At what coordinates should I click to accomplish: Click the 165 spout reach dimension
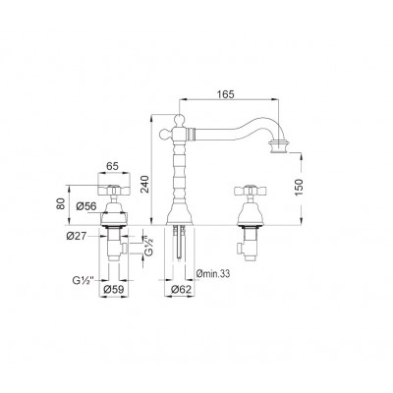coord(226,94)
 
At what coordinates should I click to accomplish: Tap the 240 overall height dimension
coord(144,184)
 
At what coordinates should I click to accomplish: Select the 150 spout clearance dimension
coord(300,188)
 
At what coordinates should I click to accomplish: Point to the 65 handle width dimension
coord(112,166)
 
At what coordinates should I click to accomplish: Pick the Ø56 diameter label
coord(86,206)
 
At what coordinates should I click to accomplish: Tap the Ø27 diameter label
coord(77,236)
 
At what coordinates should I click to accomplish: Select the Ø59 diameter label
coord(113,290)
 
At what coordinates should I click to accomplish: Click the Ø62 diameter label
coord(181,290)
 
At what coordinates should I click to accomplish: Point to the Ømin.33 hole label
coord(213,273)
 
